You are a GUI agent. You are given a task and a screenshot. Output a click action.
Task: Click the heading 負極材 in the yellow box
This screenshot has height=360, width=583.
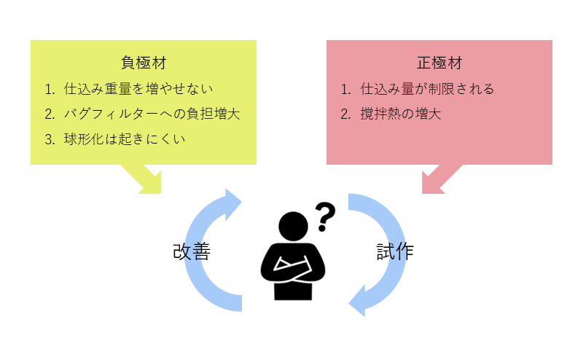click(x=144, y=63)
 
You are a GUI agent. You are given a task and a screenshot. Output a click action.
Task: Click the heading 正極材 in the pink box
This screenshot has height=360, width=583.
click(x=439, y=63)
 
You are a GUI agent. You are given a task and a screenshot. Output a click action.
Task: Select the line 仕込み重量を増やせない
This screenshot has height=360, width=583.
click(x=138, y=89)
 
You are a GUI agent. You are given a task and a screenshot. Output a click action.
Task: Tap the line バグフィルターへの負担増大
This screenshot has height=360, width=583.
click(x=152, y=114)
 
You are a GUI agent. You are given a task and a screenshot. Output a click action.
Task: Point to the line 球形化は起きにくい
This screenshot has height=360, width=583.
click(x=125, y=139)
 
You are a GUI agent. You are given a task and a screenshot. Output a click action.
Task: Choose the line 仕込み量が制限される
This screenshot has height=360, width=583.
click(x=427, y=89)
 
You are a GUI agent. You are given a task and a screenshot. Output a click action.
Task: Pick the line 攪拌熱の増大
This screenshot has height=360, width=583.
click(x=400, y=114)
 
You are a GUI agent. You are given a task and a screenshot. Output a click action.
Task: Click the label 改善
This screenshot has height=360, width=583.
click(x=192, y=251)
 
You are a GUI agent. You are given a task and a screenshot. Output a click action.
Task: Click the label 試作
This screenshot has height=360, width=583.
click(x=395, y=251)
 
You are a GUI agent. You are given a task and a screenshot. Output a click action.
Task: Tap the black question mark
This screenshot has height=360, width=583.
click(x=325, y=217)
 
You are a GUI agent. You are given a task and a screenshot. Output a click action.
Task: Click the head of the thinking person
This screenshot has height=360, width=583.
click(x=294, y=227)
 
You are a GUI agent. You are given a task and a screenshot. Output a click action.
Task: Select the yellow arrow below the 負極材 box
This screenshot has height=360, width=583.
click(x=147, y=179)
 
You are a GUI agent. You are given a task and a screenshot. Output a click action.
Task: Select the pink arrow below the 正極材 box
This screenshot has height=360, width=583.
click(x=437, y=179)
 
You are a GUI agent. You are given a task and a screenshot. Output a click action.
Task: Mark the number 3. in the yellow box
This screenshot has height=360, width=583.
click(x=50, y=139)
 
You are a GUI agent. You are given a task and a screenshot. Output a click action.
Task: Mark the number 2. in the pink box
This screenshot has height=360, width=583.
click(x=345, y=114)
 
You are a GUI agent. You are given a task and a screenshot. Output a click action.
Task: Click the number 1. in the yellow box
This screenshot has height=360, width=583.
click(x=50, y=89)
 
